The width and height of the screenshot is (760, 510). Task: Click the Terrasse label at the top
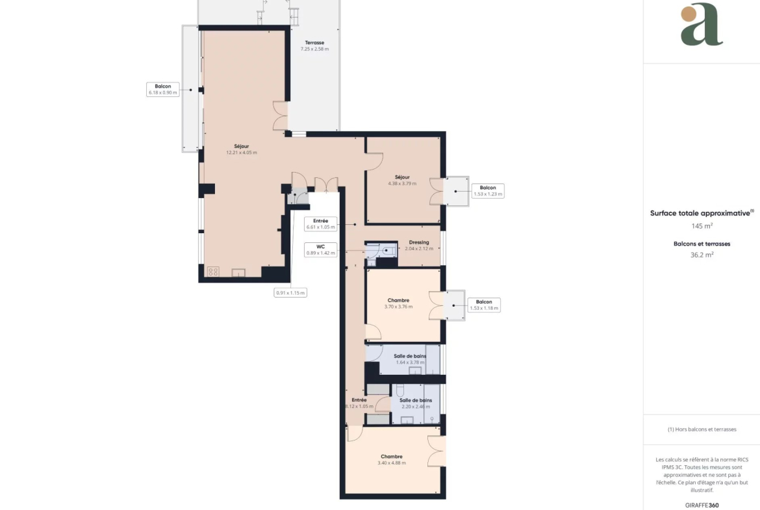tap(314, 45)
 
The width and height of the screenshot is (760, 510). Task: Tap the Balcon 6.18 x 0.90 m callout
tap(163, 89)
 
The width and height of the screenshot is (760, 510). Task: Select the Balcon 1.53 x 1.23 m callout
tap(488, 190)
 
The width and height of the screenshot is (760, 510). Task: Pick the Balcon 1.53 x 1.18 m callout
tap(484, 305)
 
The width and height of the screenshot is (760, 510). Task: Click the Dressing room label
tap(419, 246)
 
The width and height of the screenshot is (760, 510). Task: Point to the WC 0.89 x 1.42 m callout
tap(320, 249)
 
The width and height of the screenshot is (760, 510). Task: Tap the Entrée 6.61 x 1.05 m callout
tap(320, 223)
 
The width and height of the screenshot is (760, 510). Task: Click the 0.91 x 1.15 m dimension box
tap(290, 293)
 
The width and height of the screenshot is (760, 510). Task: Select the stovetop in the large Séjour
tap(213, 272)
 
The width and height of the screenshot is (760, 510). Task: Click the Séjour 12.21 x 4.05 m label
tap(242, 149)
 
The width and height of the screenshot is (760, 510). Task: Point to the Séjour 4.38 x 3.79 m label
tap(402, 181)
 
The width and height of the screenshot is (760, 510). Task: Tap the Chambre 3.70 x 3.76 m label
tap(398, 303)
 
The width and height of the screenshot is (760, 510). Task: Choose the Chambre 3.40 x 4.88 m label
tap(392, 459)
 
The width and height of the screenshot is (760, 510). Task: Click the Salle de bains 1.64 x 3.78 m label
tap(410, 359)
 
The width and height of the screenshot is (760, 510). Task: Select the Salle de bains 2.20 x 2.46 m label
tap(416, 403)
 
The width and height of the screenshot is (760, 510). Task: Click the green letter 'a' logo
tap(702, 24)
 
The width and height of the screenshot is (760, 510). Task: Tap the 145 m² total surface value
tap(702, 226)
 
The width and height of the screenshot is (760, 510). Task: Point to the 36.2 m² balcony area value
tap(702, 255)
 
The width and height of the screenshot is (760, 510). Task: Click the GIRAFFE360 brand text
tap(702, 505)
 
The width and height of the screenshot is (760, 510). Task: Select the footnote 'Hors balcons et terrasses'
tap(702, 429)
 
